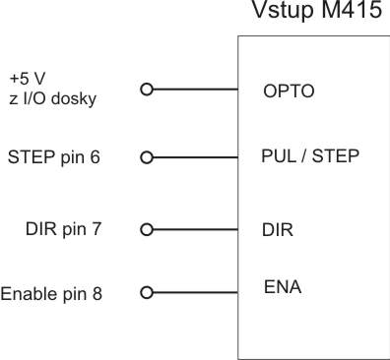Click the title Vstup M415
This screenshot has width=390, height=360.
(x=315, y=15)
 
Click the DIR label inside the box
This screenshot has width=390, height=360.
(x=277, y=229)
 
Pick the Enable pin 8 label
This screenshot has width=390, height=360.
(x=51, y=293)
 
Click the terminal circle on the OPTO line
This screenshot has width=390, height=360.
(x=147, y=90)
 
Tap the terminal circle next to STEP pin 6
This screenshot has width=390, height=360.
(x=147, y=156)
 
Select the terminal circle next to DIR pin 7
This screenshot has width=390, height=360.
(x=147, y=229)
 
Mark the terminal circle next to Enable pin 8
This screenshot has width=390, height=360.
(x=147, y=292)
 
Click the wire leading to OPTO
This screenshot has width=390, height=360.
(x=195, y=90)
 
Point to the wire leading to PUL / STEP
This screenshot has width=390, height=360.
(x=195, y=156)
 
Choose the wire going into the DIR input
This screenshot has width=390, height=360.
(x=195, y=229)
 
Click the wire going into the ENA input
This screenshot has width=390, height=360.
(x=195, y=292)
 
